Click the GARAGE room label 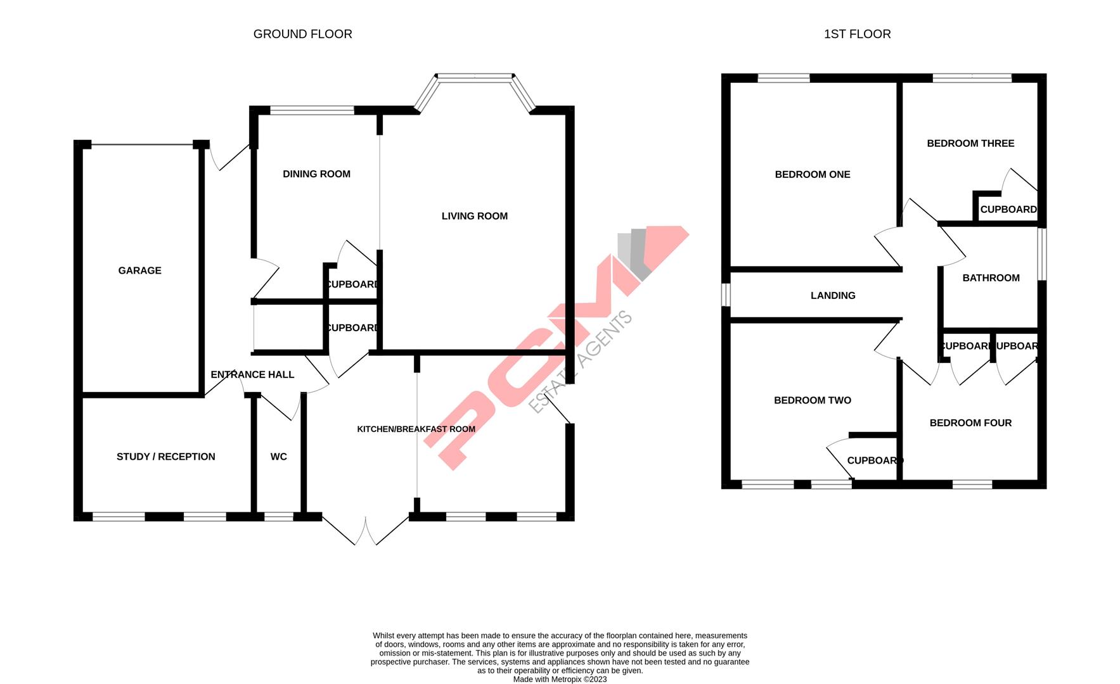pyautogui.click(x=139, y=270)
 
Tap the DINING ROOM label pyautogui.click(x=316, y=174)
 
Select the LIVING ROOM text pyautogui.click(x=475, y=216)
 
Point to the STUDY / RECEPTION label pyautogui.click(x=166, y=457)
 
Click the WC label pyautogui.click(x=279, y=457)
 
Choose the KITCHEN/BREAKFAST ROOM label pyautogui.click(x=416, y=429)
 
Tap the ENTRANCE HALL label pyautogui.click(x=252, y=374)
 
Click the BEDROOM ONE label pyautogui.click(x=813, y=175)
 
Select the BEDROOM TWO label pyautogui.click(x=813, y=400)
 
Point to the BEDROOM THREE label pyautogui.click(x=970, y=144)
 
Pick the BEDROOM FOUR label pyautogui.click(x=970, y=423)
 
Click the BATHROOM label pyautogui.click(x=991, y=278)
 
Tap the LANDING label pyautogui.click(x=833, y=296)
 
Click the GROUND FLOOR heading pyautogui.click(x=302, y=34)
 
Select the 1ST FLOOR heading pyautogui.click(x=857, y=34)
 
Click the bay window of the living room pyautogui.click(x=475, y=78)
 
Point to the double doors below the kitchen pyautogui.click(x=366, y=531)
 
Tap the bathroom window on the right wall pyautogui.click(x=1041, y=253)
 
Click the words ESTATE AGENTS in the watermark pyautogui.click(x=581, y=362)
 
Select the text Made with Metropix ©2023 pyautogui.click(x=560, y=680)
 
